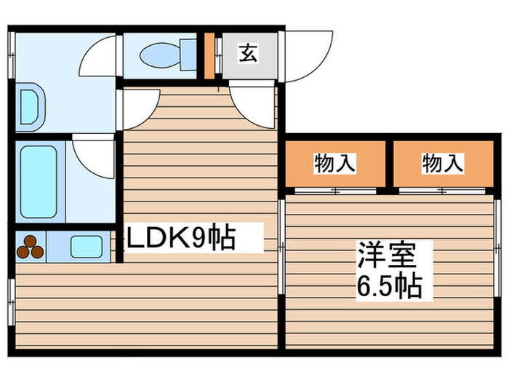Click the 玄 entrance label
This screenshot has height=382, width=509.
click(248, 53)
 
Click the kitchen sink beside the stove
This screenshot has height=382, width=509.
click(87, 247)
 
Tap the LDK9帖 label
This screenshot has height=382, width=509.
click(182, 238)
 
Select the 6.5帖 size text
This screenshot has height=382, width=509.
click(388, 286)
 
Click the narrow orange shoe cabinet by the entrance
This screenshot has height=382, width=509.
click(209, 55)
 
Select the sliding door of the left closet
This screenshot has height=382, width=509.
click(334, 191)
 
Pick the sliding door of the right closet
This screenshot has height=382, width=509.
click(442, 191)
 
